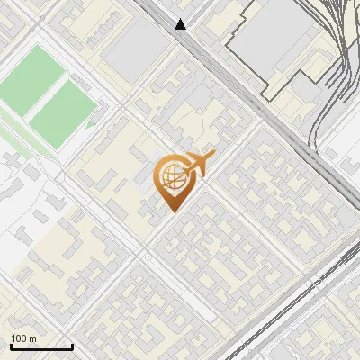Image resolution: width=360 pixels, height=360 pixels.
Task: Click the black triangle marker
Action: click(x=182, y=24)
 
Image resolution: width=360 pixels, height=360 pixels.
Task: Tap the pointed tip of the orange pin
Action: click(x=172, y=211)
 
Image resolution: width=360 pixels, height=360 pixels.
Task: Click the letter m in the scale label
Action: click(x=33, y=338)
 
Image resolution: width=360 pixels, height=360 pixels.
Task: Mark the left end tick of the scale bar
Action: click(x=11, y=346)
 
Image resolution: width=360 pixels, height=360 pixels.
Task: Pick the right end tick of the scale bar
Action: click(x=72, y=346)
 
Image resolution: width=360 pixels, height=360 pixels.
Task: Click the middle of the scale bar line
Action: click(x=41, y=347)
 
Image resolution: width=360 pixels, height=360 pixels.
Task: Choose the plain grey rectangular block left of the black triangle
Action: click(x=135, y=49)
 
